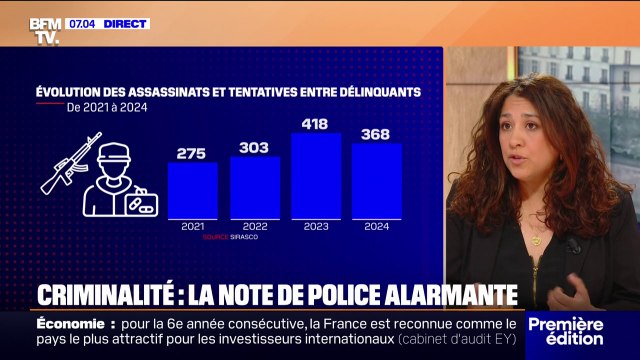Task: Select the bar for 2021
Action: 192,190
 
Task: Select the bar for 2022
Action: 254,187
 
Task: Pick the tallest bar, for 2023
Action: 315,175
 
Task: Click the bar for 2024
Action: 376,181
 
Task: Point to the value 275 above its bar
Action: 192,153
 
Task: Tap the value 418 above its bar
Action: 315,123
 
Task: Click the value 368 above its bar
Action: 376,134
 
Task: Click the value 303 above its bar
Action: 254,147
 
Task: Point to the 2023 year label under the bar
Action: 315,227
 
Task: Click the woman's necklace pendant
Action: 538,240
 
